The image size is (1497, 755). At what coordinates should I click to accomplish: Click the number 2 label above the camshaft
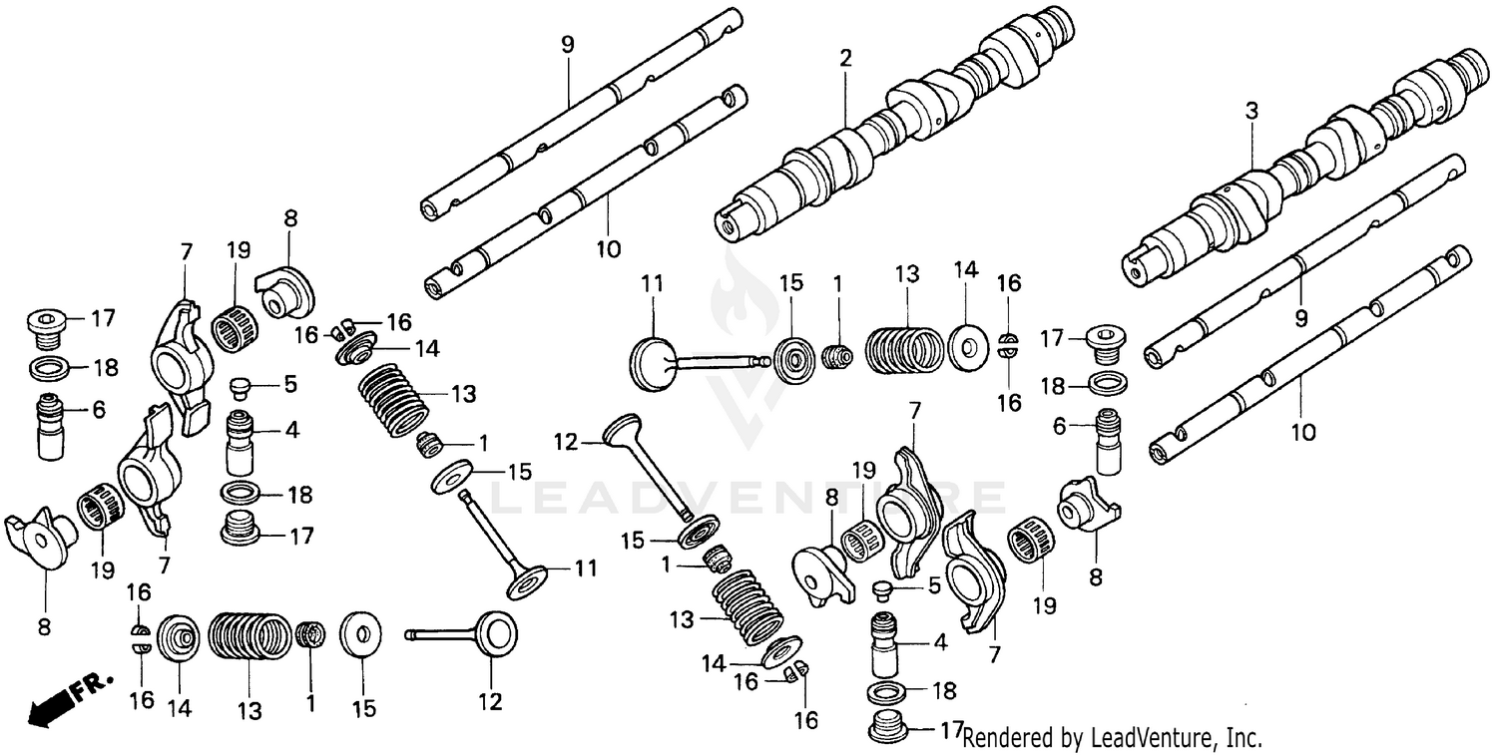[x=845, y=59]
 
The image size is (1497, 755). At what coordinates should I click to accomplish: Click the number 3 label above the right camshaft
[x=1251, y=113]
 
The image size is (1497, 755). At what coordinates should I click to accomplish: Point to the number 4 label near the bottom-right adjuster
[x=939, y=643]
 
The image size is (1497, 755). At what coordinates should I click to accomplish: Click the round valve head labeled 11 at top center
[x=654, y=360]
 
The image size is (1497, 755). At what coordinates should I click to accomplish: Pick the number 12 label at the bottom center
[x=490, y=701]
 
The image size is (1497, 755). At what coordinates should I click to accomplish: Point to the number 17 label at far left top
[x=103, y=319]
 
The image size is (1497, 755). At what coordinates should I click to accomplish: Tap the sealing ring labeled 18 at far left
[x=48, y=369]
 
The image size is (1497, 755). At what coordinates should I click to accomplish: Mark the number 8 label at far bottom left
[x=44, y=627]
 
